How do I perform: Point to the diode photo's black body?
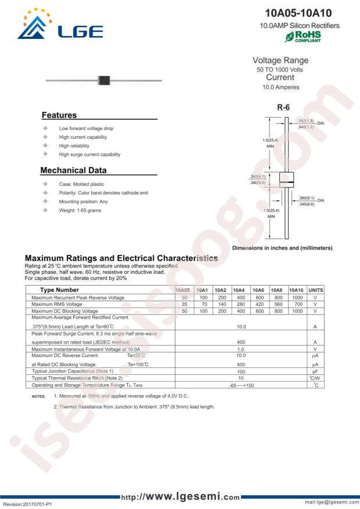pos(105,80)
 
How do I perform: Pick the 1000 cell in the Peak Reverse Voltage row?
pos(296,297)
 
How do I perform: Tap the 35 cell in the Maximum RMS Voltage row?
pos(184,305)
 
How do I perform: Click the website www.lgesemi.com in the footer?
pos(180,497)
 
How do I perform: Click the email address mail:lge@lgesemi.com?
pos(328,503)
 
